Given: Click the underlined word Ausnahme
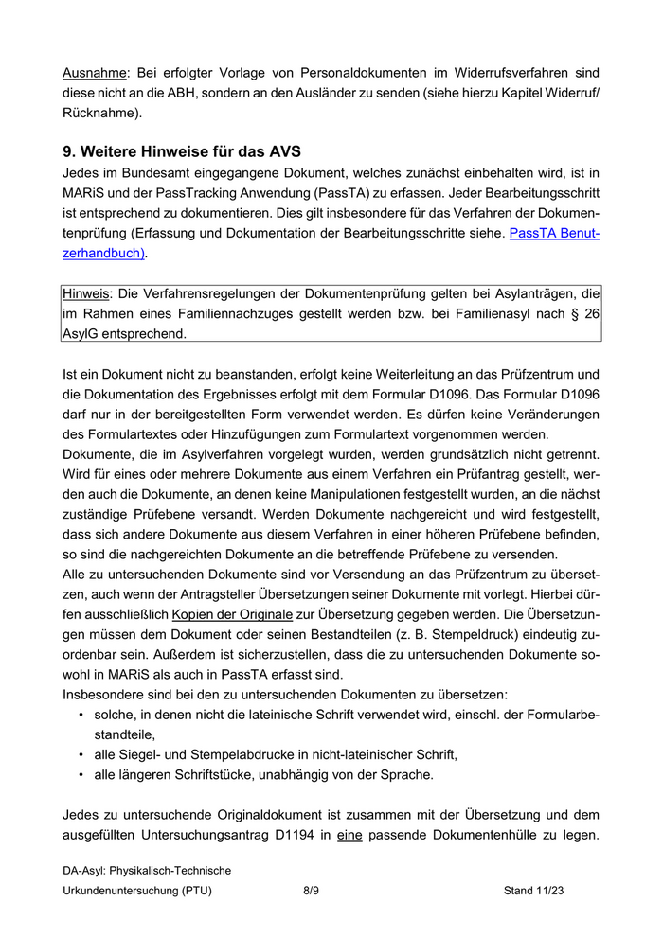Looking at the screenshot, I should tap(94, 72).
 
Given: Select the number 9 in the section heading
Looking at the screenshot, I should tap(68, 151).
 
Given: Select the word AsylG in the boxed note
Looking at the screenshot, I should tap(81, 334).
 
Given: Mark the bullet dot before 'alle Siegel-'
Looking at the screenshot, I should tap(81, 754).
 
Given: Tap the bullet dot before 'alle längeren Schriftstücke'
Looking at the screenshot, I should tap(81, 774).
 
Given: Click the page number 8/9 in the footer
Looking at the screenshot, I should tap(311, 891).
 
